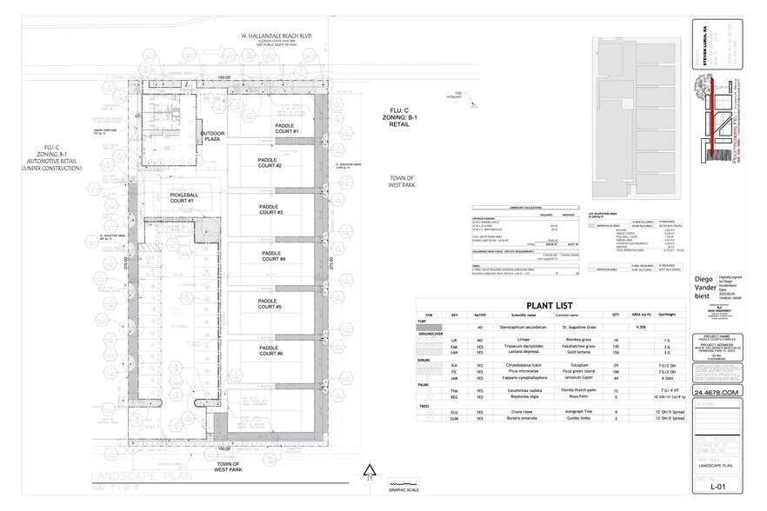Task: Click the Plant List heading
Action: tap(534, 305)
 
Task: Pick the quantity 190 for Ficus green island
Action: tap(616, 372)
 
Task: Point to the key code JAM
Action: tap(454, 379)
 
